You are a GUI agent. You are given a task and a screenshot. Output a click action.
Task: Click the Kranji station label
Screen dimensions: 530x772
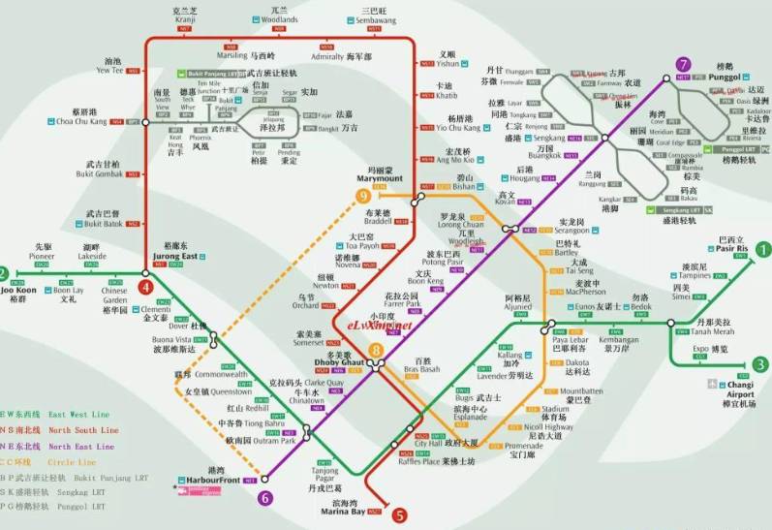pyautogui.click(x=184, y=19)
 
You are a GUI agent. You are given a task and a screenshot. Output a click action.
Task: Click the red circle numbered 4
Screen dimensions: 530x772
pyautogui.click(x=145, y=288)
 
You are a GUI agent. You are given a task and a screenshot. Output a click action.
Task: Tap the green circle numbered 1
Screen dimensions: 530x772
pyautogui.click(x=762, y=249)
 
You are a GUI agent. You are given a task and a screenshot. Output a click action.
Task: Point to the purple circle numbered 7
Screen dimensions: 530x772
pyautogui.click(x=684, y=64)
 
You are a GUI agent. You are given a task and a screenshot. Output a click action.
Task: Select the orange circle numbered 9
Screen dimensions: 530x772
pyautogui.click(x=364, y=197)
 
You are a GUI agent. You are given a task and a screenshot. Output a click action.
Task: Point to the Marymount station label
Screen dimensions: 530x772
pyautogui.click(x=386, y=177)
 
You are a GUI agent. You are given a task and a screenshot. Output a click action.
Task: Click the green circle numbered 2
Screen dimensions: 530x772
pyautogui.click(x=4, y=272)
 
